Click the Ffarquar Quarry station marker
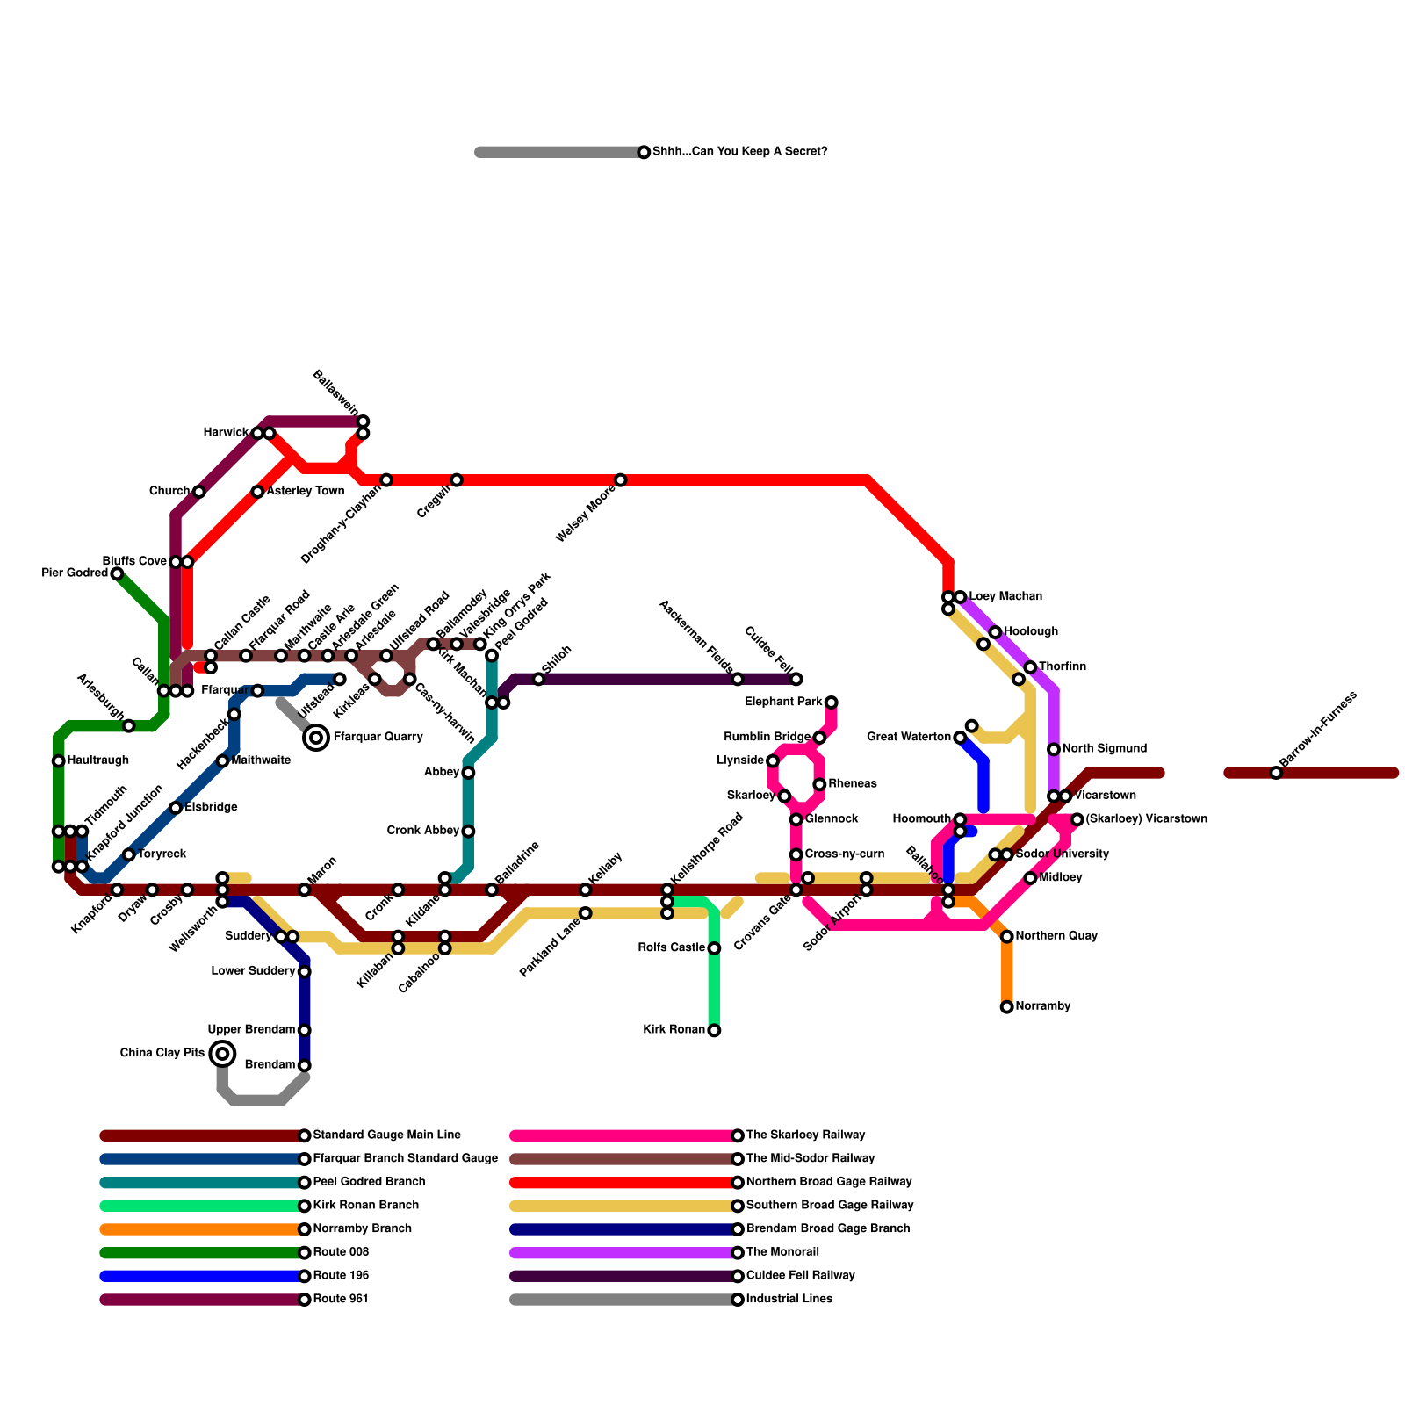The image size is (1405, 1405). pos(316,738)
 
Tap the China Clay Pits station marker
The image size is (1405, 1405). pos(223,1054)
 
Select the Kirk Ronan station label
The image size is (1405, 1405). pos(674,1030)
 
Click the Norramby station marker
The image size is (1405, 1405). pos(1007,1007)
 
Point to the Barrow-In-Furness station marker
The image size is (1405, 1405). pos(1276,773)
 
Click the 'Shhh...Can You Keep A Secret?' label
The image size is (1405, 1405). pos(739,152)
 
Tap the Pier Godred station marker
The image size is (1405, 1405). pos(117,573)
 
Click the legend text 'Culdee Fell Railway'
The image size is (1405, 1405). pos(800,1276)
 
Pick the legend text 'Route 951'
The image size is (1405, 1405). pos(341,1300)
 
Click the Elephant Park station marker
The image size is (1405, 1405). pos(831,702)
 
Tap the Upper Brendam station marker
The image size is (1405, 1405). pos(304,1030)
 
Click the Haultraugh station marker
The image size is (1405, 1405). pos(58,760)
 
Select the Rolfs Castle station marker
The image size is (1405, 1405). pos(714,948)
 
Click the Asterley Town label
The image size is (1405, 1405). pos(305,492)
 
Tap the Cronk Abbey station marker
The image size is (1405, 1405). pos(468,831)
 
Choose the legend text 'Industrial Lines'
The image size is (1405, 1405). pos(789,1300)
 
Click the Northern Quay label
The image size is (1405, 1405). pos(1056,937)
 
